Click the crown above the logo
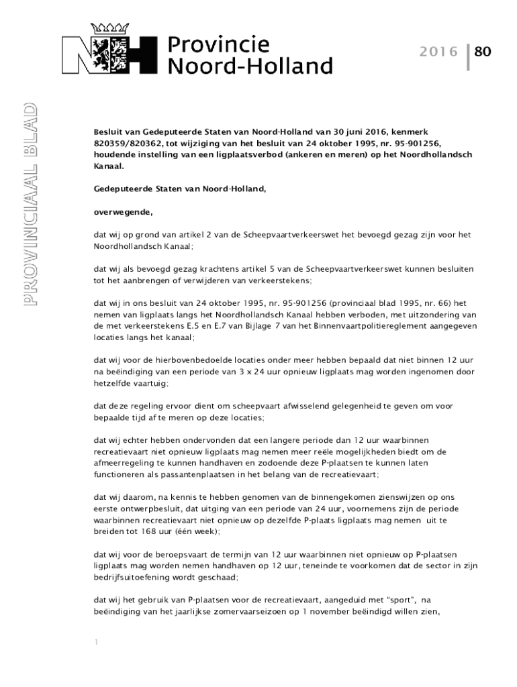click(109, 30)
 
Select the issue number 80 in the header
click(483, 52)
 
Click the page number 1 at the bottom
click(97, 642)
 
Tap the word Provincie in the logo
click(218, 45)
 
